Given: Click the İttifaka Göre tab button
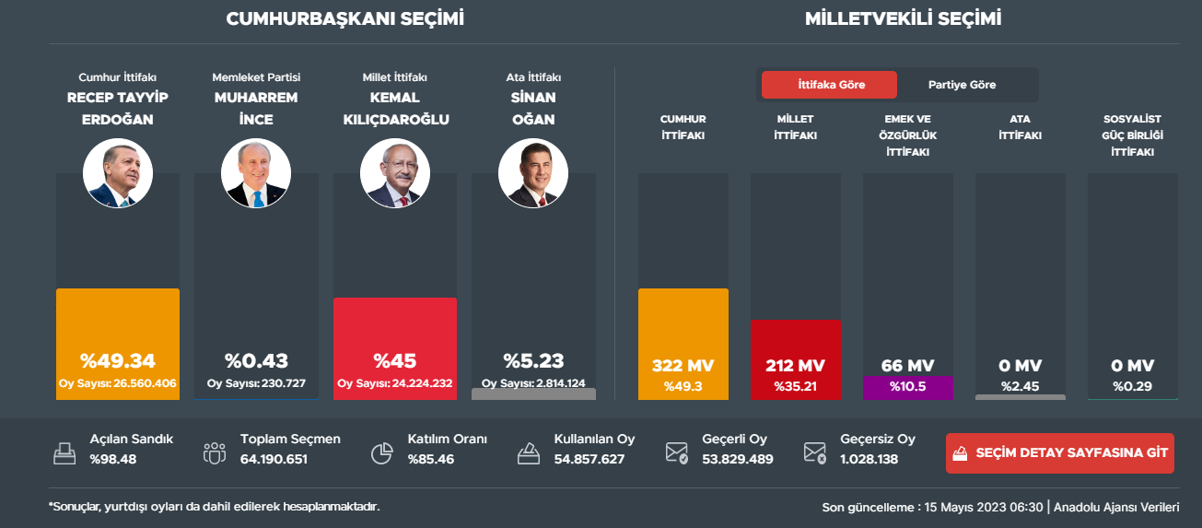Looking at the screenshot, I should point(828,85).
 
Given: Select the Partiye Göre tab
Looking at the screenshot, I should point(962,85).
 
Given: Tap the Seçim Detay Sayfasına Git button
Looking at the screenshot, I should point(1060,453).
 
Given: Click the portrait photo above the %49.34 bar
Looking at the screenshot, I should point(118,173).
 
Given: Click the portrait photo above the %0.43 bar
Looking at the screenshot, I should point(256,173).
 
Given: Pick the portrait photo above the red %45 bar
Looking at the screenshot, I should point(395,173).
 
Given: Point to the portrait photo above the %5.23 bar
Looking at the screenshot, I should point(533,173).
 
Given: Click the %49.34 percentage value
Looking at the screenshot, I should point(118,360).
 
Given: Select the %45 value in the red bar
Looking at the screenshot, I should point(395,360).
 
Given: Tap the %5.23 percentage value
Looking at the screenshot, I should point(533,360).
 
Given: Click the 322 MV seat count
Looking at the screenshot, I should point(683,365).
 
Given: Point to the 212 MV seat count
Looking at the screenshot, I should point(795,365).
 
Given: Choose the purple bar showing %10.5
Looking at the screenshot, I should point(907,387).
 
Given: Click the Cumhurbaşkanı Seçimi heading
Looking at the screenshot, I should point(345,18).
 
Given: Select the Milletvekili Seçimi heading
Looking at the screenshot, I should point(903,18).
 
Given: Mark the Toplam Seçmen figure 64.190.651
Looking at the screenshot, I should point(274,459).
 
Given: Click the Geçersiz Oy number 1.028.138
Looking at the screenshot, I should point(869,459).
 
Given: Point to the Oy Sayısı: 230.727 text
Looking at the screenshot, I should point(256,383).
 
